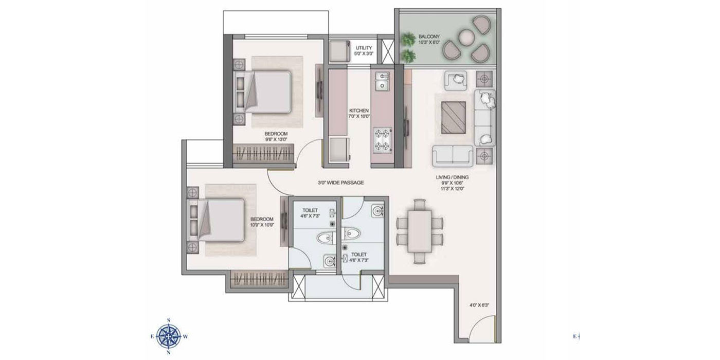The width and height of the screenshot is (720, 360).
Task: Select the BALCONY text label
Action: (x=429, y=40)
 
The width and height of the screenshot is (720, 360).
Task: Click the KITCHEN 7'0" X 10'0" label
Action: (x=358, y=114)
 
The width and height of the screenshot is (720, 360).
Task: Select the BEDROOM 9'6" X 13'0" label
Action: (x=276, y=136)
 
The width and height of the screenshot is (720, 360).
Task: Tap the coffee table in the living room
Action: (x=453, y=118)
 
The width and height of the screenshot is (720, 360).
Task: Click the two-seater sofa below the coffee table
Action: (x=452, y=154)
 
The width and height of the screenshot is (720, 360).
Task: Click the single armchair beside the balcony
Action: (x=456, y=79)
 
